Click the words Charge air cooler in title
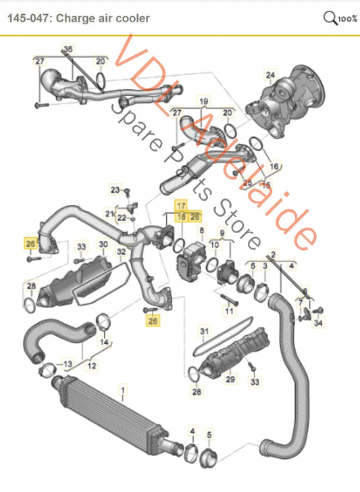click(x=103, y=18)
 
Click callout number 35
click(x=67, y=49)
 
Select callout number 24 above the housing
click(x=270, y=74)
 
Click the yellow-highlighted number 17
click(x=181, y=204)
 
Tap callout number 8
click(x=200, y=231)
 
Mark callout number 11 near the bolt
click(x=228, y=311)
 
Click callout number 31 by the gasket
click(x=205, y=330)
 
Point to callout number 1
click(x=122, y=390)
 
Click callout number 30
click(x=103, y=244)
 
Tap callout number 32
click(x=122, y=252)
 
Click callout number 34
click(x=319, y=323)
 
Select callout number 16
click(x=274, y=165)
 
